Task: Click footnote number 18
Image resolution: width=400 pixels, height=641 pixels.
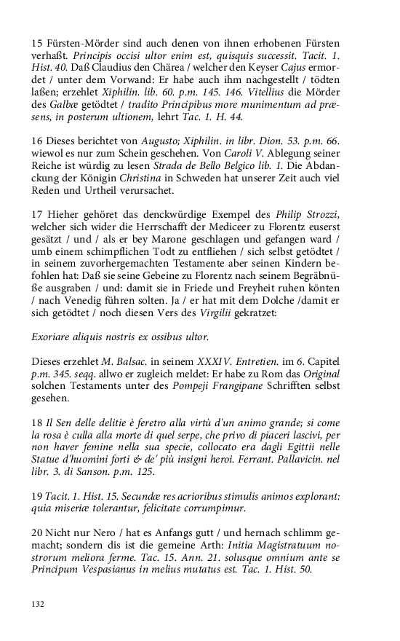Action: (37, 423)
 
